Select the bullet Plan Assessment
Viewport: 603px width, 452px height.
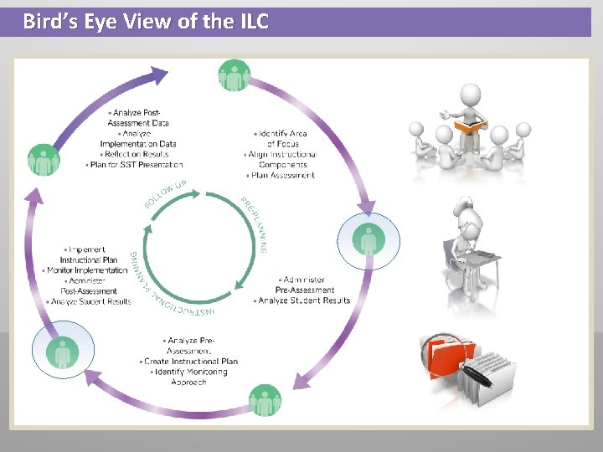pos(281,176)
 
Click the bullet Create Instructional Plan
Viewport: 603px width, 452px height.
pos(190,362)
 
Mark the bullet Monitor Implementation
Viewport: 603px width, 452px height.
pos(87,270)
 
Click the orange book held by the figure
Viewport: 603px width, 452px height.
pos(470,126)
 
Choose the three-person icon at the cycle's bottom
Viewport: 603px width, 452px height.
pos(265,400)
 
